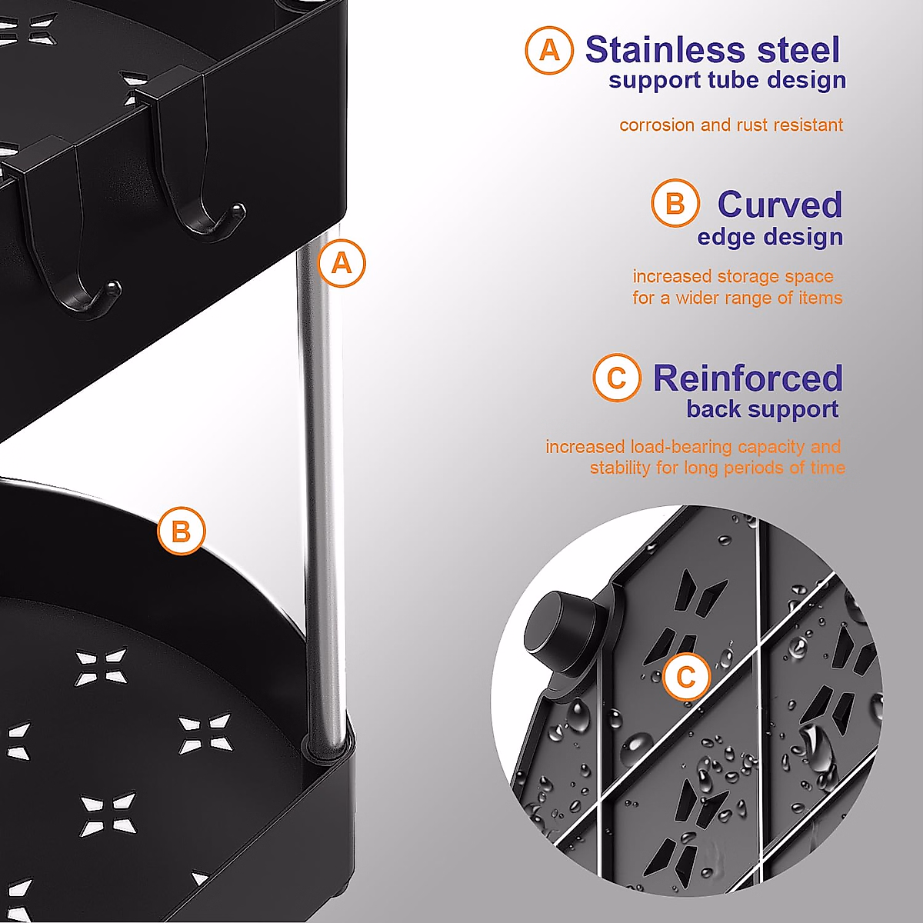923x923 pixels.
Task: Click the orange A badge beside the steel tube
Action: (x=342, y=264)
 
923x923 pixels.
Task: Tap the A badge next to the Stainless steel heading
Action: (x=549, y=50)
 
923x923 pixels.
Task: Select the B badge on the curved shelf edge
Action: (x=181, y=531)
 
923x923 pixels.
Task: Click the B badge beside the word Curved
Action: (x=675, y=204)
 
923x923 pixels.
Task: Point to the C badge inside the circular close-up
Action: (x=685, y=678)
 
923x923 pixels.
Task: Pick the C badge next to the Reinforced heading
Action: (x=616, y=378)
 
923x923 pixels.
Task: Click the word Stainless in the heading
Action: (x=665, y=50)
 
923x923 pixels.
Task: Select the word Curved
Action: (x=779, y=205)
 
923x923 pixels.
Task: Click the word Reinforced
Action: (x=748, y=378)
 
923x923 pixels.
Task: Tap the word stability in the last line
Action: (x=620, y=468)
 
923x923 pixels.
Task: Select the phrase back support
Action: (x=762, y=409)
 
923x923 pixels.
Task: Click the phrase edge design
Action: (x=770, y=237)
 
